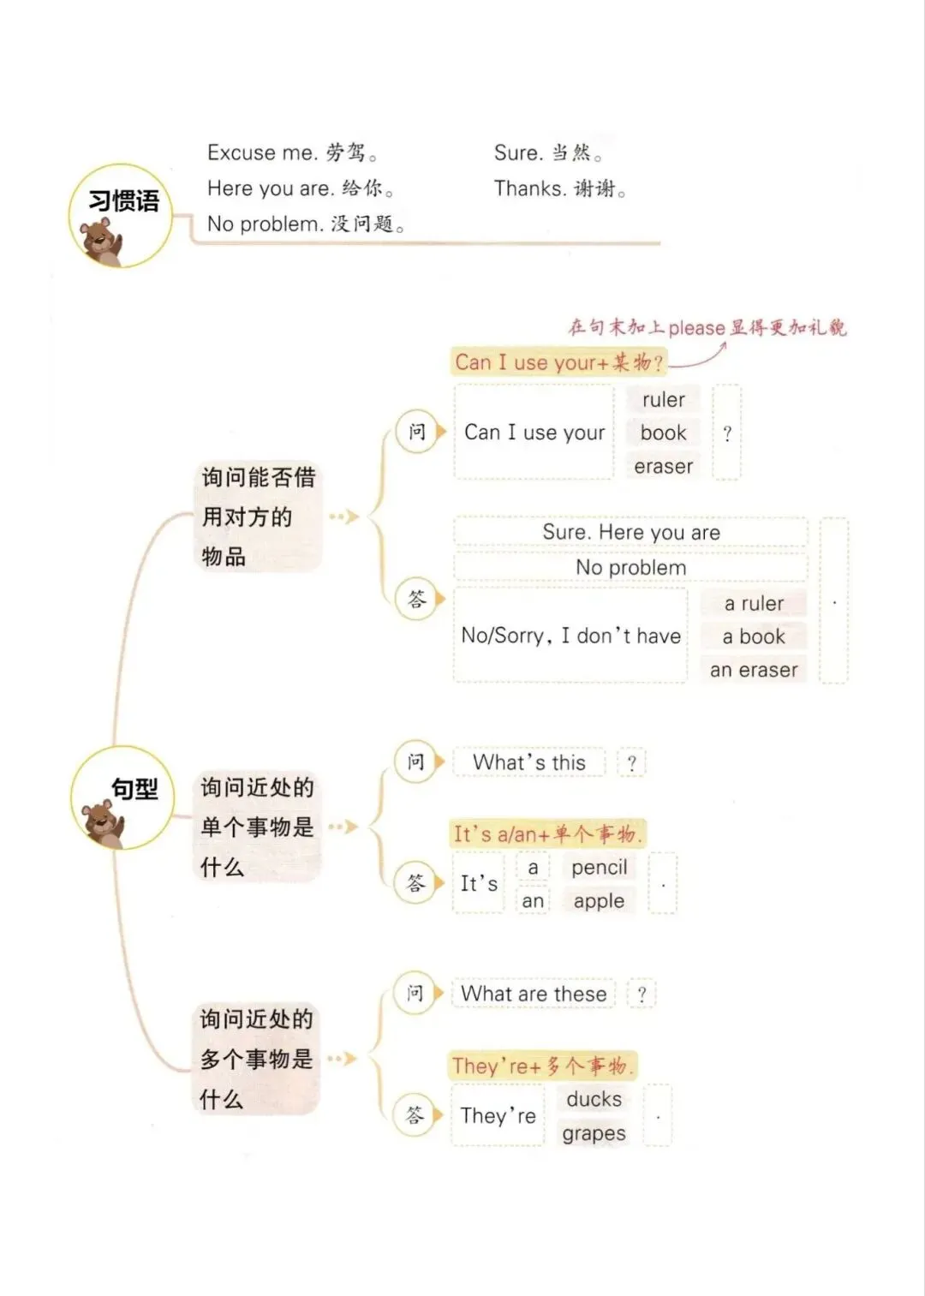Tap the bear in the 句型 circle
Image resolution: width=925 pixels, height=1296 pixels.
(102, 822)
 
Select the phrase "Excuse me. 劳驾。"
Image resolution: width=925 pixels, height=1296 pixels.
(292, 153)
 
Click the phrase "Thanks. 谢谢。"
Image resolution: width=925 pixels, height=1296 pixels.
(559, 188)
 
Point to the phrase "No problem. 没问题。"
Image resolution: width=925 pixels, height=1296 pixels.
(306, 224)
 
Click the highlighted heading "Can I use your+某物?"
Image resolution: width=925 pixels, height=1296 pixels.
(558, 362)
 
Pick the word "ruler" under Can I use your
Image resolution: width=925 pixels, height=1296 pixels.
(664, 400)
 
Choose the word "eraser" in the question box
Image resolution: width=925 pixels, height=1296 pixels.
(664, 467)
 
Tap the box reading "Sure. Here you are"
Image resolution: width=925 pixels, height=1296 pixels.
(631, 532)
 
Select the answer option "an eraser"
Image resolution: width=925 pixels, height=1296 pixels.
(754, 670)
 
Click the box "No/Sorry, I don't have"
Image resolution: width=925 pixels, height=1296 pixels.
(570, 636)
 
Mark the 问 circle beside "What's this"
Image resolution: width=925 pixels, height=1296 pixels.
(415, 761)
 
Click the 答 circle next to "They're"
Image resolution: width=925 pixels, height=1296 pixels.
(415, 1115)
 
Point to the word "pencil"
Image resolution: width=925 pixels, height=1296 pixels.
(600, 868)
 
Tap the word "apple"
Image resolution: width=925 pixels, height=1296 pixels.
(600, 901)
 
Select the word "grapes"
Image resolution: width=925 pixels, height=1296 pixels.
(594, 1133)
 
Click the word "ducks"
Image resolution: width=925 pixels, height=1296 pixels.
(594, 1099)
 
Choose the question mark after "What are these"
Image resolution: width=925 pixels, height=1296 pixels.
(642, 994)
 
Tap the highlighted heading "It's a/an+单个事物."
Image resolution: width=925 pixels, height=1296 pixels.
(547, 833)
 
